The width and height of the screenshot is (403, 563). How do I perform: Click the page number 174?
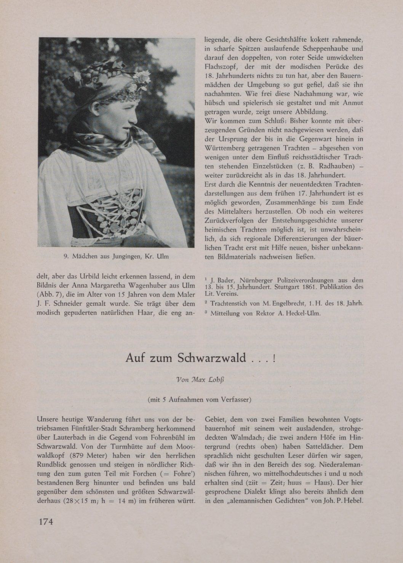click(x=45, y=521)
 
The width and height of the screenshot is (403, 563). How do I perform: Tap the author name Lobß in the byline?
click(x=216, y=379)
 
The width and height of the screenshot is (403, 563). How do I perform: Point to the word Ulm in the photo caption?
click(x=162, y=257)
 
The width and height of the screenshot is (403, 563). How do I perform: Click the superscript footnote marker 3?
click(x=206, y=312)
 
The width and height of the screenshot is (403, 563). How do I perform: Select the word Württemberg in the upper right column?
click(x=226, y=147)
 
